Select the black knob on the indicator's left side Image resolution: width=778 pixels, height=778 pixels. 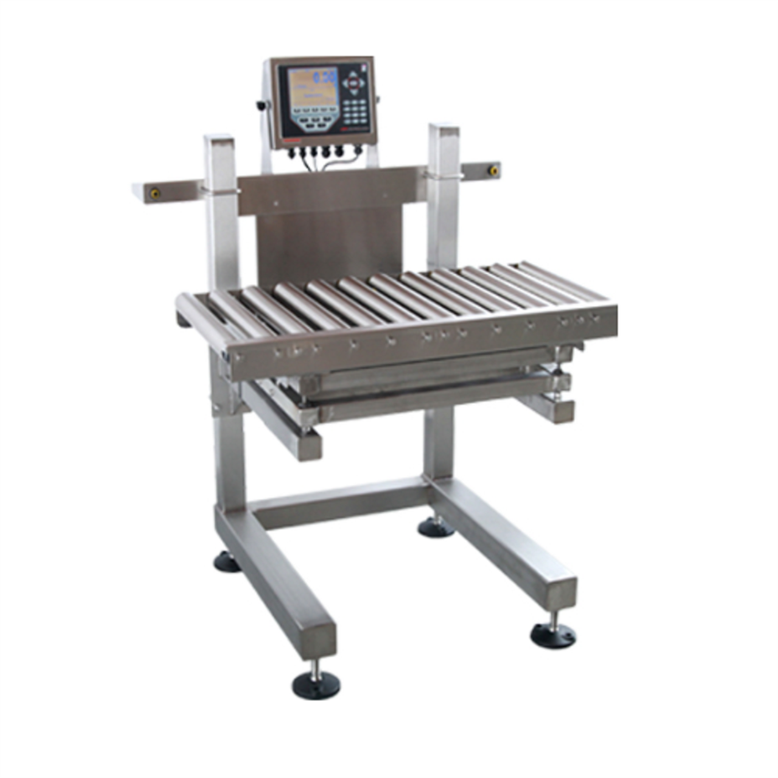(x=262, y=105)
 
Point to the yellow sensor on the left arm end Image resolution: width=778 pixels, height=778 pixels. (x=153, y=193)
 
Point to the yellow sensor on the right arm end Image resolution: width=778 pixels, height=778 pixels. (x=493, y=170)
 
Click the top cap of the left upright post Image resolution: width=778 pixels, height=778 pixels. (x=220, y=141)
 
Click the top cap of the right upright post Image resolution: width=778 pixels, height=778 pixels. (x=444, y=129)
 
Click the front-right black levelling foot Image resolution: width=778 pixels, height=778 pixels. (x=553, y=634)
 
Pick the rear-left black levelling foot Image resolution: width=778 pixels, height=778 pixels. (x=228, y=561)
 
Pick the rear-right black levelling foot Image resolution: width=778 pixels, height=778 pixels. (x=436, y=527)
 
